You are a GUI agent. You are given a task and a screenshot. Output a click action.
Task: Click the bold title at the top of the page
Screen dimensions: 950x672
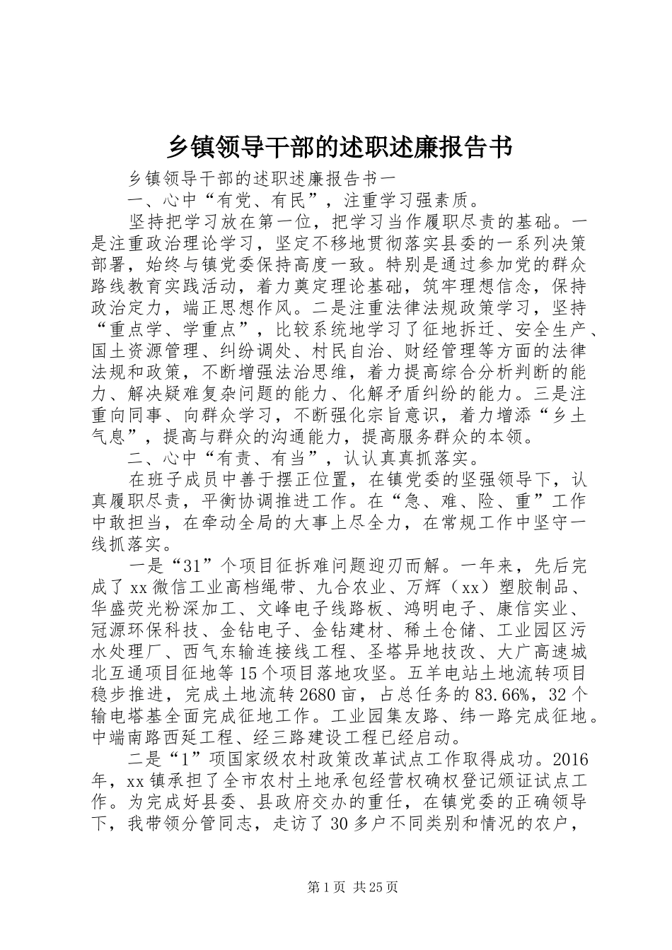point(336,147)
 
